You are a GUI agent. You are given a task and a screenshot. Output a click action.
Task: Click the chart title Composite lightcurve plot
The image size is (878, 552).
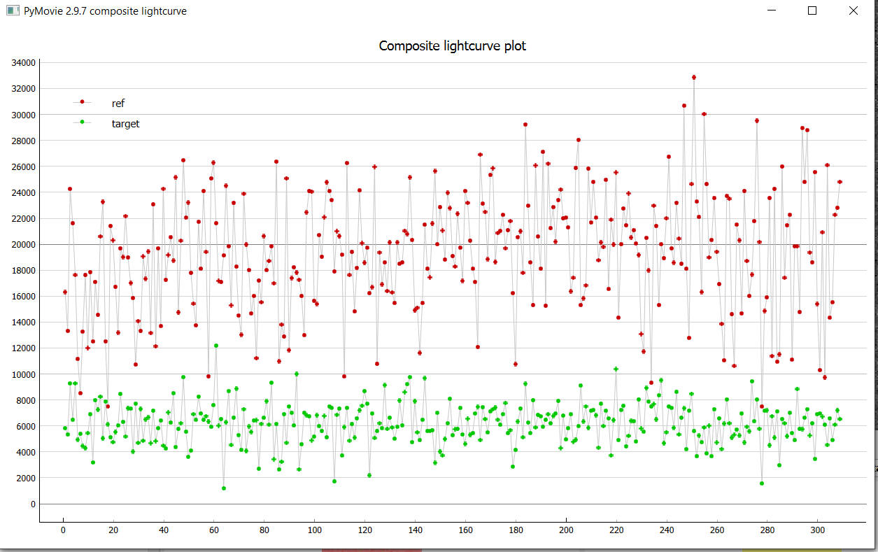pyautogui.click(x=452, y=46)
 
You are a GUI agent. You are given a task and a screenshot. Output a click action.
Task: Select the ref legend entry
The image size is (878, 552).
pyautogui.click(x=118, y=104)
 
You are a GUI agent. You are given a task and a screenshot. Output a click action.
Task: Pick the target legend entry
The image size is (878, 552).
pyautogui.click(x=125, y=124)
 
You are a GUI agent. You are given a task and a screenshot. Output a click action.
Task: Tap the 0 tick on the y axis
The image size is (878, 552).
pyautogui.click(x=32, y=504)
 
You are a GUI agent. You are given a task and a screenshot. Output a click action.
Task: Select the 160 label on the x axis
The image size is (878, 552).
pyautogui.click(x=465, y=530)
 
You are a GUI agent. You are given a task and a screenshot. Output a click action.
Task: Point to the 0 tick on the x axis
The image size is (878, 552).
pyautogui.click(x=63, y=530)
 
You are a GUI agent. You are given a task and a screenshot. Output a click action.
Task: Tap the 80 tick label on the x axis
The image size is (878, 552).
pyautogui.click(x=264, y=530)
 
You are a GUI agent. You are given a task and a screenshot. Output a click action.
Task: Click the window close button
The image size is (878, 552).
pyautogui.click(x=853, y=10)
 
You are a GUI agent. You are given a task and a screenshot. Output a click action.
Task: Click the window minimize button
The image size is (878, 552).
pyautogui.click(x=772, y=10)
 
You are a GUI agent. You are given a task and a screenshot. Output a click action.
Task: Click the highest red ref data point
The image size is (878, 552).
pyautogui.click(x=694, y=77)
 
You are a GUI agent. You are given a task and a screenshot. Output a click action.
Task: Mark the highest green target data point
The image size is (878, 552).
pyautogui.click(x=216, y=346)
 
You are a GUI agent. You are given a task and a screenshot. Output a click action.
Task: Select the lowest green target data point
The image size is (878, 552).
pyautogui.click(x=224, y=488)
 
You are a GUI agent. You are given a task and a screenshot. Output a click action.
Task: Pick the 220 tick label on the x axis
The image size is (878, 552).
pyautogui.click(x=616, y=530)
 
